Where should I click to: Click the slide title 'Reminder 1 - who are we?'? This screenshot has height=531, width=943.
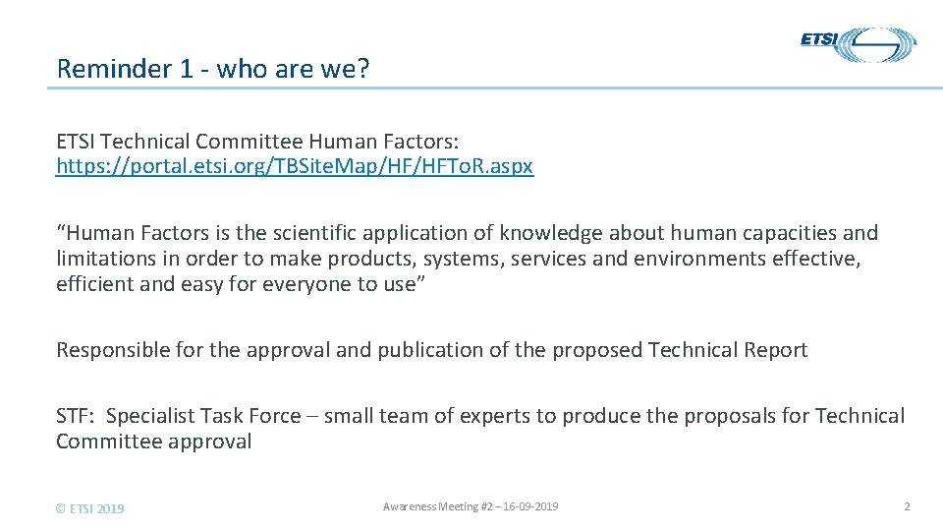[x=213, y=69]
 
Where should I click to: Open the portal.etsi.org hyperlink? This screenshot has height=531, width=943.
[x=295, y=166]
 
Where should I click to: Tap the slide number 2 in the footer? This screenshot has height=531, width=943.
[x=907, y=506]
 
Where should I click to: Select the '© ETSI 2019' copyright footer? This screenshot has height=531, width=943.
[x=90, y=508]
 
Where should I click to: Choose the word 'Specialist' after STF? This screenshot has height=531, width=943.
[x=150, y=416]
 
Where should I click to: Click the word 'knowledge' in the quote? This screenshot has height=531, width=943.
[x=551, y=233]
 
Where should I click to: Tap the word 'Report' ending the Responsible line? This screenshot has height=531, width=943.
[x=776, y=350]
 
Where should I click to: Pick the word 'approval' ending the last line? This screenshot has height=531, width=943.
[x=208, y=442]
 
